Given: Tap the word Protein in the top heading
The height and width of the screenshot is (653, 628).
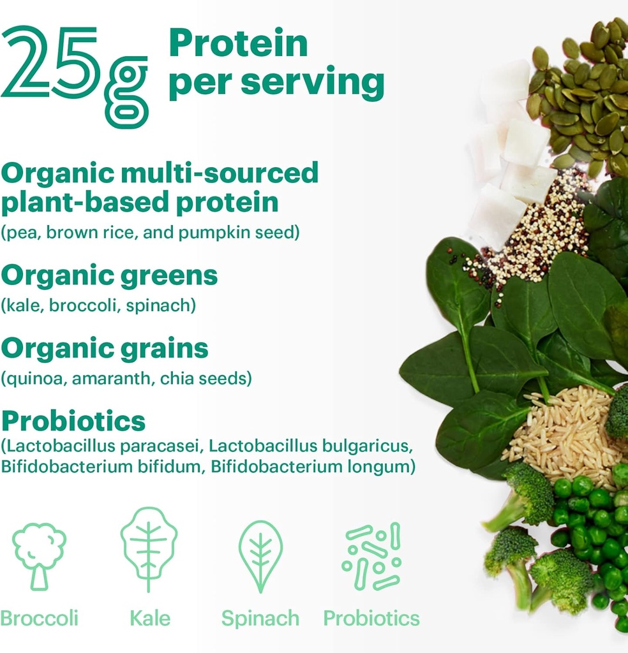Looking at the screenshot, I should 238,43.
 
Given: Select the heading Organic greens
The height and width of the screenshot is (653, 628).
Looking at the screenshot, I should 109,275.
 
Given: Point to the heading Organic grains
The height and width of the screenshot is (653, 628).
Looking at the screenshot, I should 105,348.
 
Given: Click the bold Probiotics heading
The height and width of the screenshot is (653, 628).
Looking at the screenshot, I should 73,421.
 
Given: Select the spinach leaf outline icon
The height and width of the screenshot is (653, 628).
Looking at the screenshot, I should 260,552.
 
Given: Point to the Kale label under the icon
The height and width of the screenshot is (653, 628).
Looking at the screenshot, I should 150,618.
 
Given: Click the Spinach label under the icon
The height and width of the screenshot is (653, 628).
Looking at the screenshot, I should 260,619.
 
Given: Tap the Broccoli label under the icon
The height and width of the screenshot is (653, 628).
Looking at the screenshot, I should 40,618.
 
